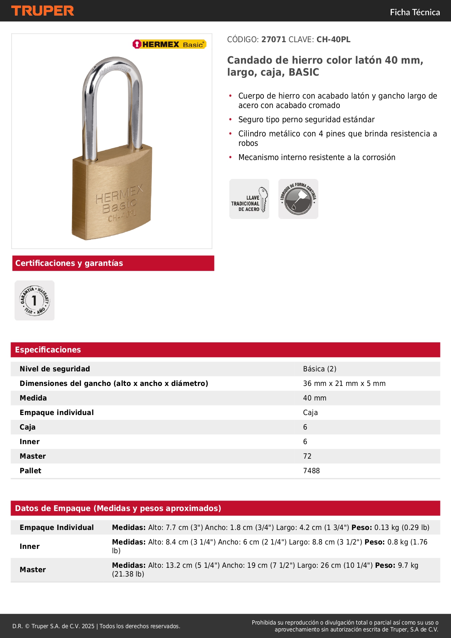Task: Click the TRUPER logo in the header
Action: [43, 11]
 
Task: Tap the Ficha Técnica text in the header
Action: [415, 12]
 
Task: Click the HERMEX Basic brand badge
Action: [169, 44]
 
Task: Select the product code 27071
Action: [274, 40]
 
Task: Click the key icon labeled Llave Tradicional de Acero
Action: [249, 199]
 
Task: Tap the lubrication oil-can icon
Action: [298, 199]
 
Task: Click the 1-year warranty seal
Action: [35, 300]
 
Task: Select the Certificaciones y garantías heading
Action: [69, 263]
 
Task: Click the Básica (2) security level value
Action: [319, 369]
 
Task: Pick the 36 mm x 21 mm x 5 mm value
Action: [344, 383]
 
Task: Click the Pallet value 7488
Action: [311, 471]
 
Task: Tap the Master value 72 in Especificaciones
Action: [307, 456]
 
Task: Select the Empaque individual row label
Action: [57, 412]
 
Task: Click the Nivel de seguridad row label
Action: [55, 369]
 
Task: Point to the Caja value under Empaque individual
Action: [310, 412]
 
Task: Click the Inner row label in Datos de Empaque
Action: [30, 546]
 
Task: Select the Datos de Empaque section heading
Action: [118, 508]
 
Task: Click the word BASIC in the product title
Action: [304, 72]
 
